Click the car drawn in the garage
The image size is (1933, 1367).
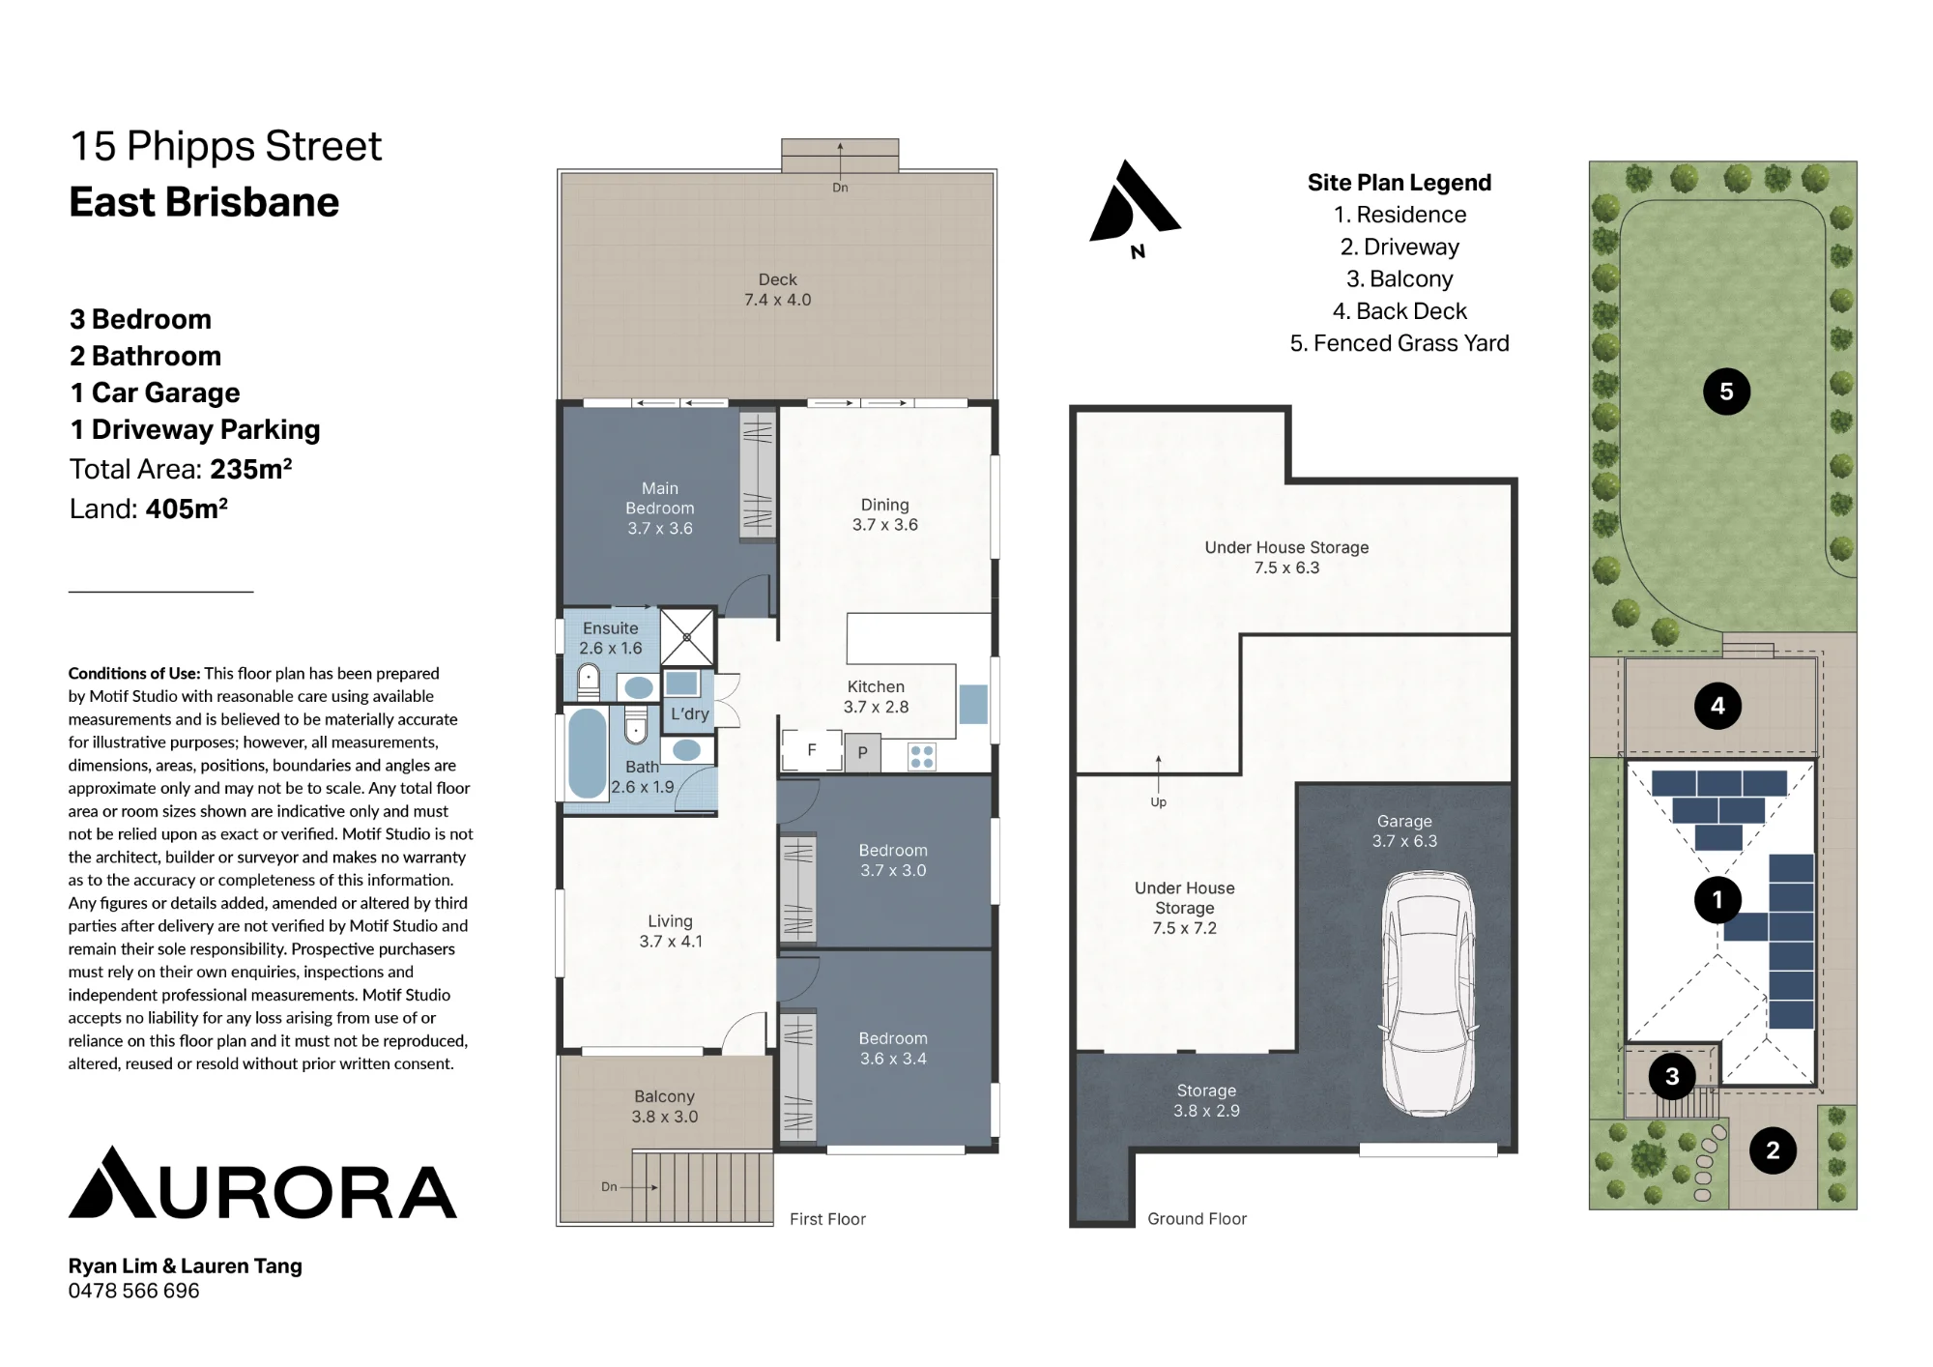pyautogui.click(x=1428, y=994)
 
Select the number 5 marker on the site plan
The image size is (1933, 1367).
pyautogui.click(x=1726, y=392)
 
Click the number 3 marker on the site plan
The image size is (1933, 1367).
pyautogui.click(x=1672, y=1076)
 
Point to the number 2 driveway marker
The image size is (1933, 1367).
pyautogui.click(x=1773, y=1150)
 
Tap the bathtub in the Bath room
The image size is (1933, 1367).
pyautogui.click(x=588, y=752)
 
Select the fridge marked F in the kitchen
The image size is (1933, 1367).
pyautogui.click(x=812, y=749)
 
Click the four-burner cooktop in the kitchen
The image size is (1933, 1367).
pyautogui.click(x=922, y=756)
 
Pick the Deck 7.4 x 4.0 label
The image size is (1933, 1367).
pyautogui.click(x=778, y=290)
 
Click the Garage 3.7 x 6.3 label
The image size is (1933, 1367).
pyautogui.click(x=1404, y=831)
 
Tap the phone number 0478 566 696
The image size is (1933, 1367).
pyautogui.click(x=133, y=1291)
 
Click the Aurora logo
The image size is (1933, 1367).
pyautogui.click(x=263, y=1182)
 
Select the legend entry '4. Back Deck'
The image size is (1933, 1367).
pyautogui.click(x=1399, y=311)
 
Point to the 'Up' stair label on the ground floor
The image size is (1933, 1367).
pyautogui.click(x=1158, y=802)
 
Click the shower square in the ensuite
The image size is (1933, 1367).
pyautogui.click(x=687, y=637)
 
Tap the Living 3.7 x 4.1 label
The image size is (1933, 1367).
pyautogui.click(x=671, y=931)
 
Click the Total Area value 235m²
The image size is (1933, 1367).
pyautogui.click(x=251, y=469)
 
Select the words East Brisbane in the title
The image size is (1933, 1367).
pyautogui.click(x=204, y=202)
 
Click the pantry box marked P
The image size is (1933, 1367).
pyautogui.click(x=863, y=752)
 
